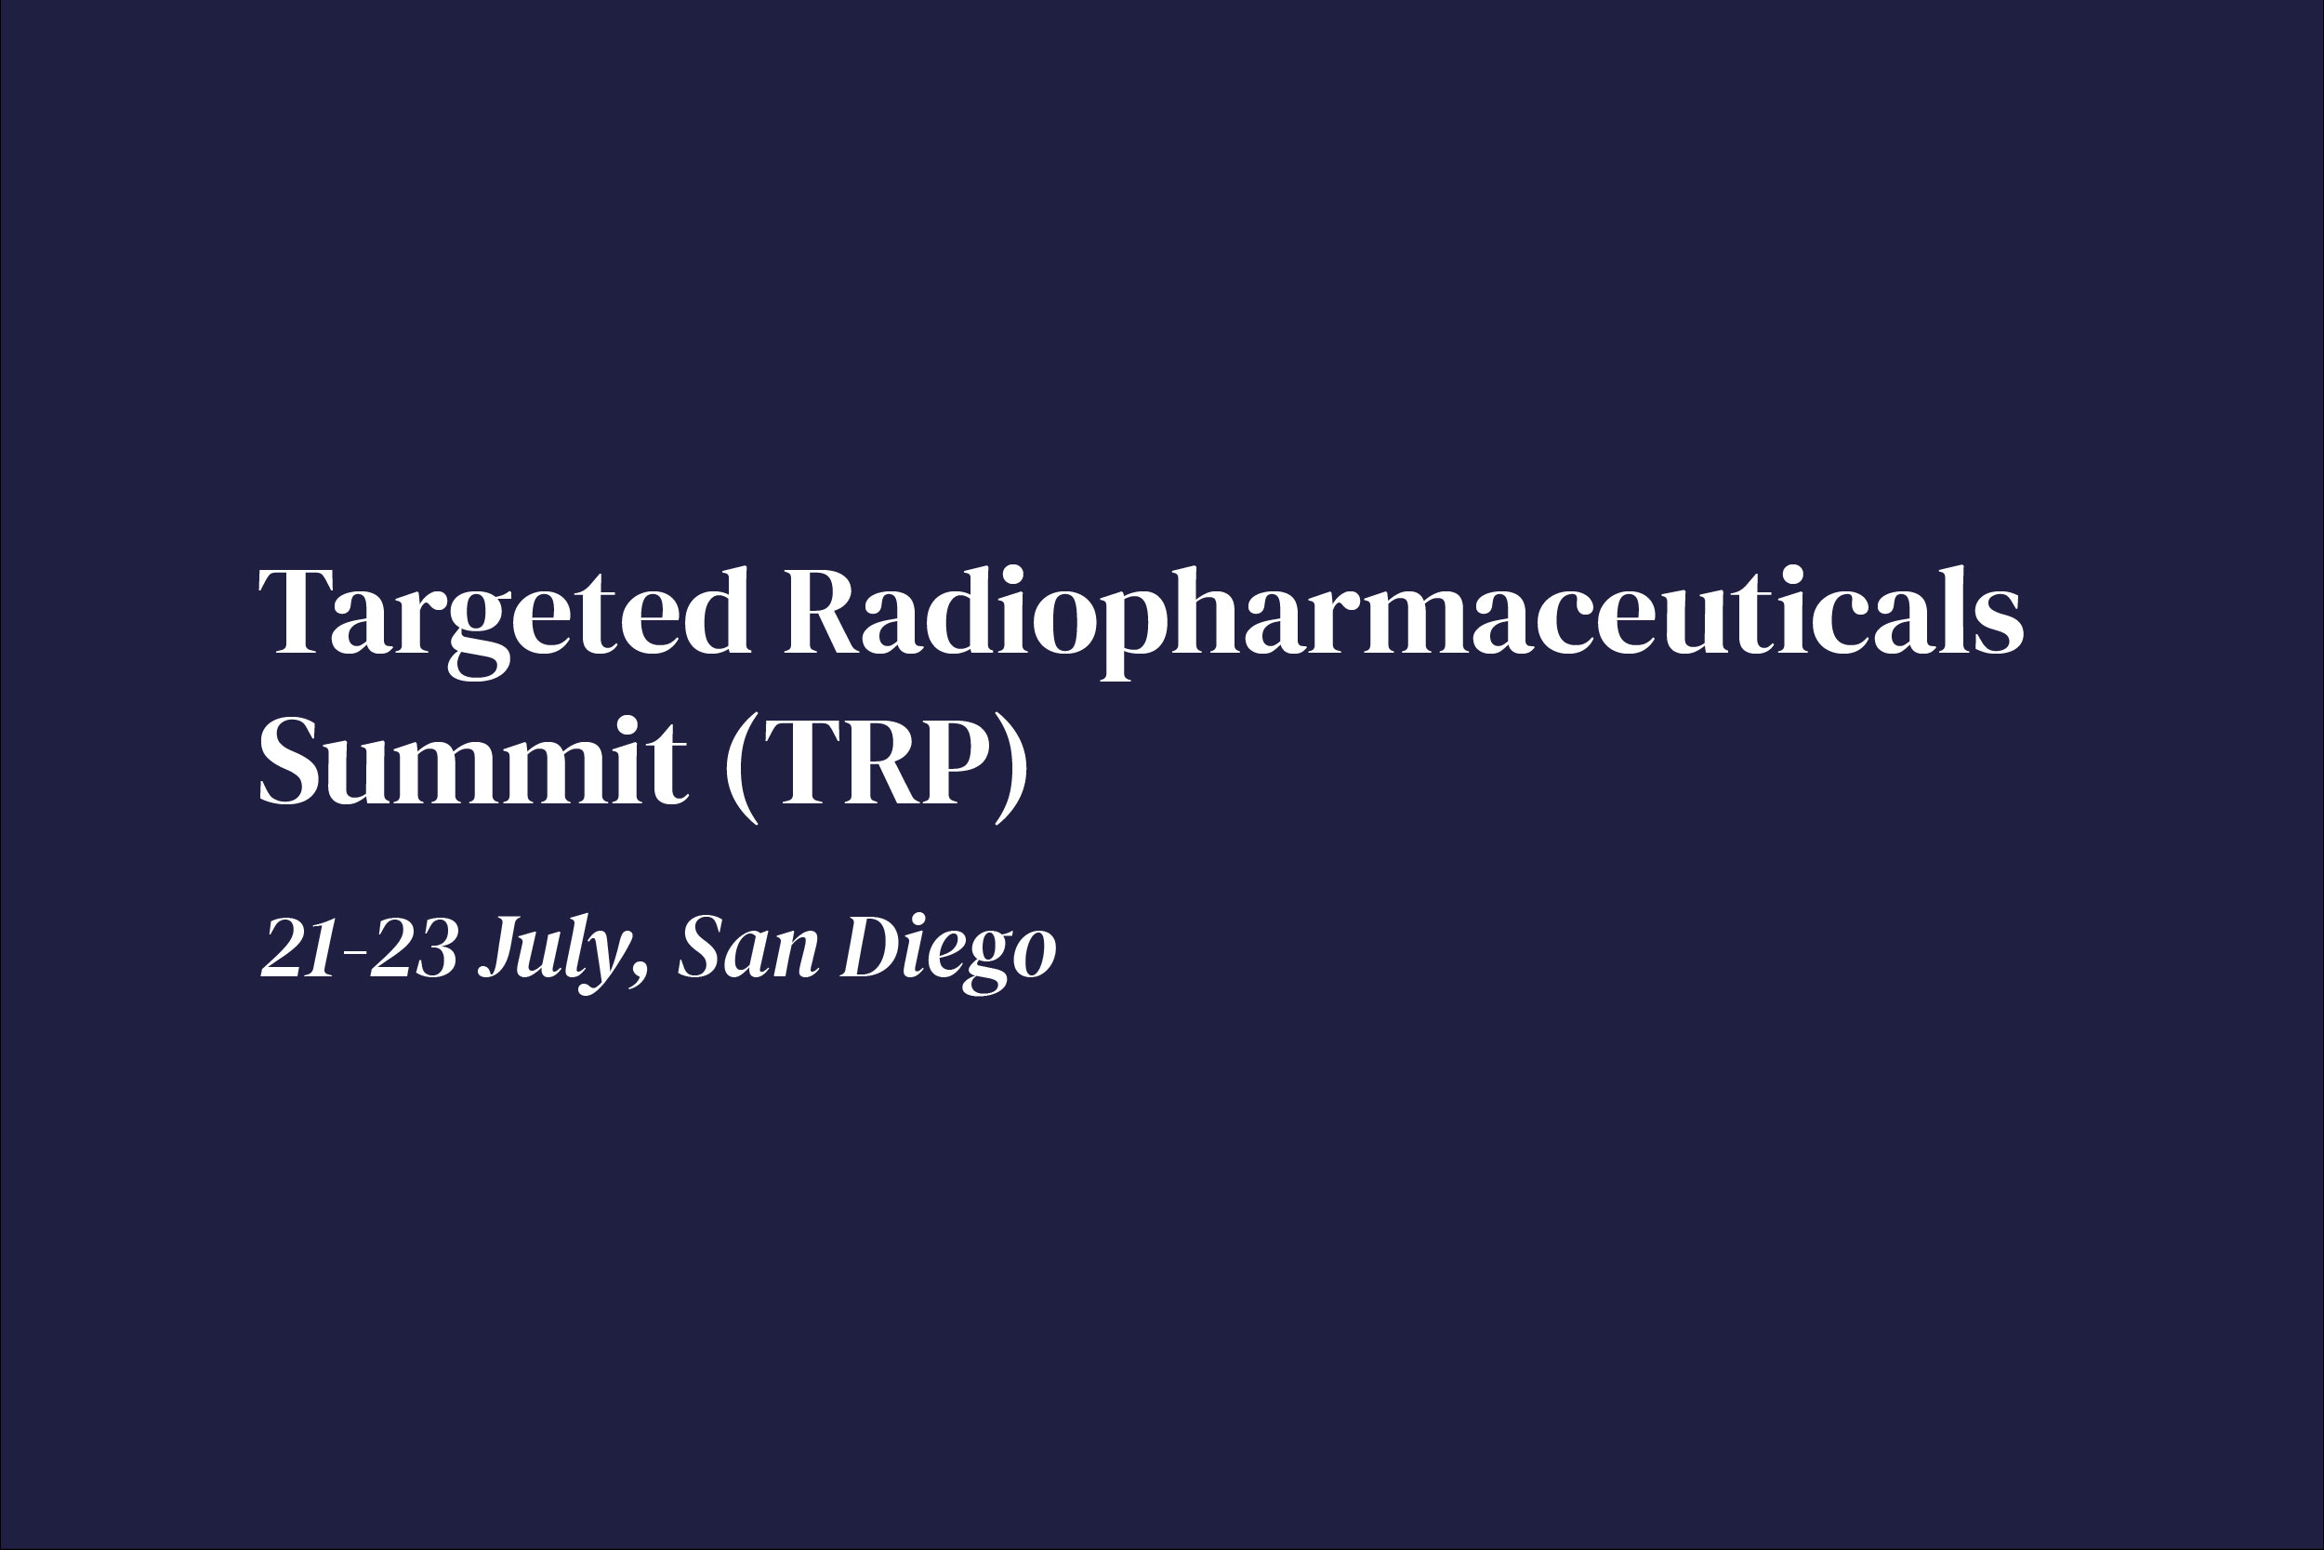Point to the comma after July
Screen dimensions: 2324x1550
click(x=642, y=974)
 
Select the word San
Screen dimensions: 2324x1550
click(x=749, y=949)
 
